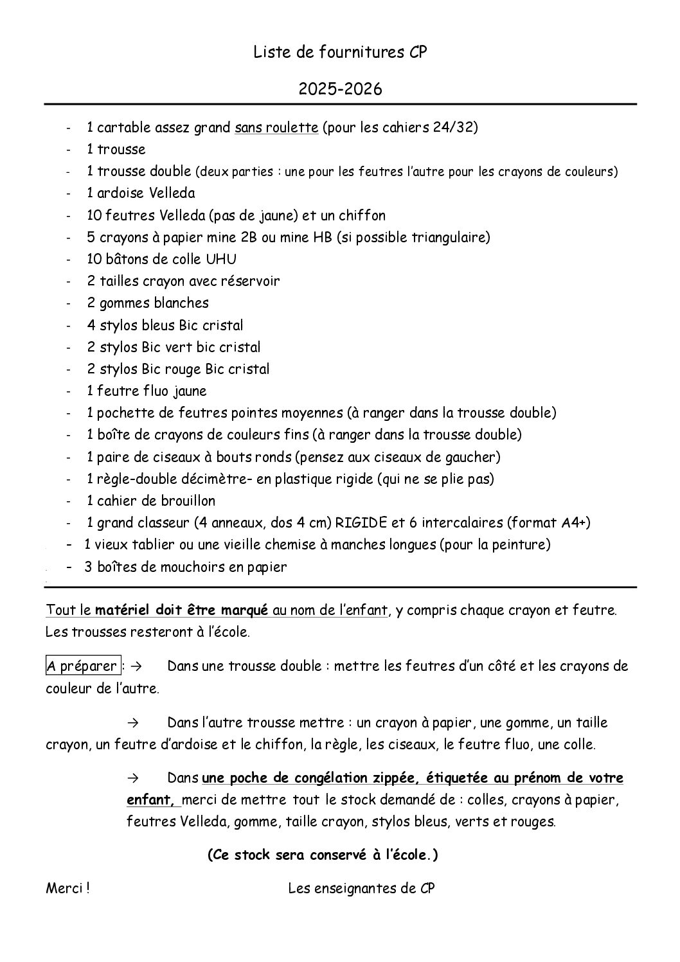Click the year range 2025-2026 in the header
(340, 89)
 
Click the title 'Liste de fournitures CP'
(340, 53)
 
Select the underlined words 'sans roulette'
(276, 127)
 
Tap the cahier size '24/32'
(453, 127)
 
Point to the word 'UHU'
(223, 259)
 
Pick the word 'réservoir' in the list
(251, 281)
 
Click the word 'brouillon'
(185, 501)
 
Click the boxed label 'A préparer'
(82, 666)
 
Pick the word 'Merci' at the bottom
(64, 889)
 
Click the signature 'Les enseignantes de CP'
(362, 889)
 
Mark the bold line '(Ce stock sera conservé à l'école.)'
(323, 855)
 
